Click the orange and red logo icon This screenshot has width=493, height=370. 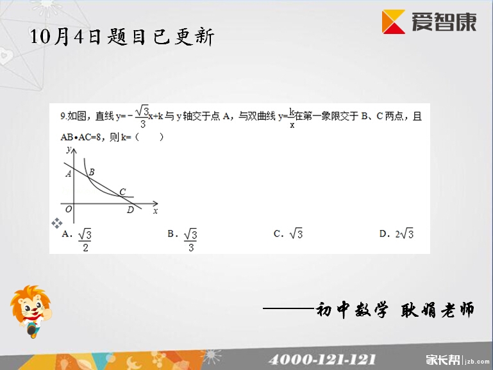click(394, 21)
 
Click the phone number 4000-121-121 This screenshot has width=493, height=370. click(322, 359)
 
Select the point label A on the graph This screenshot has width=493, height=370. click(68, 174)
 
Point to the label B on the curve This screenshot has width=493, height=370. click(92, 172)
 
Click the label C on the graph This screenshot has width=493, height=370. click(122, 192)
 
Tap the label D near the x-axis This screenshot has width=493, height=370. click(131, 210)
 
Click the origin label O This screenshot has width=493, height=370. click(69, 209)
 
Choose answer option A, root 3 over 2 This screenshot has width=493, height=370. click(77, 240)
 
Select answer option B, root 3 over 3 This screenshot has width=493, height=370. click(182, 240)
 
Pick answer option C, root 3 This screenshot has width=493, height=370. click(288, 233)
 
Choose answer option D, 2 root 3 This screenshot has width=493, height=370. click(396, 233)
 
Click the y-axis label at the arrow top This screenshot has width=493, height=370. click(69, 149)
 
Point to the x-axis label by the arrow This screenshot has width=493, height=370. click(155, 211)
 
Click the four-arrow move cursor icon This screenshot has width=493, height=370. click(57, 223)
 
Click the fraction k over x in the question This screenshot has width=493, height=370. click(292, 117)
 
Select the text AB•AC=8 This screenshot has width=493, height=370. click(81, 137)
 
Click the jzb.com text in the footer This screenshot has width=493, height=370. click(477, 362)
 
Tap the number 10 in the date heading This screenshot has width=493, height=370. click(40, 36)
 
